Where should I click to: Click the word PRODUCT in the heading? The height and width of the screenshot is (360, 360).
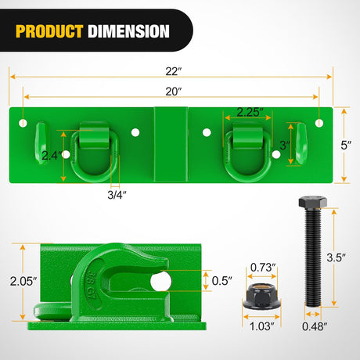(x=49, y=31)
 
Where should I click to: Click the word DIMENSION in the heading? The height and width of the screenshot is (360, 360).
(x=128, y=31)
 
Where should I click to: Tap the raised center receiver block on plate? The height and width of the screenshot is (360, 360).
(x=171, y=142)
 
